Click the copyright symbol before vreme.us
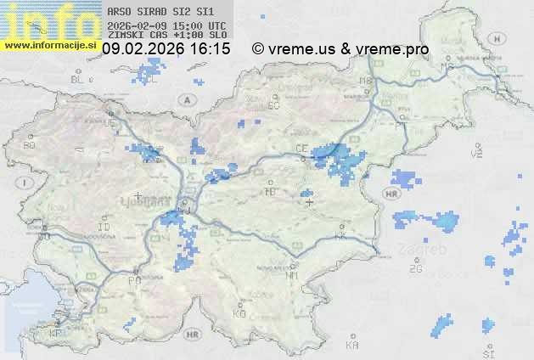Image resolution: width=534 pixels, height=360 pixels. [x=258, y=49]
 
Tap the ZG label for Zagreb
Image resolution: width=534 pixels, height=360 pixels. [x=415, y=269]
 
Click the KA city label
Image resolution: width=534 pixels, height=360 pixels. [x=352, y=345]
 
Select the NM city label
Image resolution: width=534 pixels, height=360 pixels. [x=292, y=275]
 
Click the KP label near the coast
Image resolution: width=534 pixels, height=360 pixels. [x=56, y=334]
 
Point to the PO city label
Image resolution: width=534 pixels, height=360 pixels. [x=133, y=280]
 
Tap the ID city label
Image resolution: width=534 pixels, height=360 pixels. [x=104, y=228]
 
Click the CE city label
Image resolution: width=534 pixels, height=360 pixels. [x=301, y=148]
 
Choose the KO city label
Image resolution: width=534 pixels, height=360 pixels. [x=239, y=313]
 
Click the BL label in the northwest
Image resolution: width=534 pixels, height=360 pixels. [x=78, y=79]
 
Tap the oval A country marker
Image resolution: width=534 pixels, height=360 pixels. [x=184, y=99]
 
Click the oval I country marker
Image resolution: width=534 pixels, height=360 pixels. [x=27, y=183]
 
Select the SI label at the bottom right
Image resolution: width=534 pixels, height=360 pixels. [x=487, y=352]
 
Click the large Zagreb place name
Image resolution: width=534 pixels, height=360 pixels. [x=423, y=250]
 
